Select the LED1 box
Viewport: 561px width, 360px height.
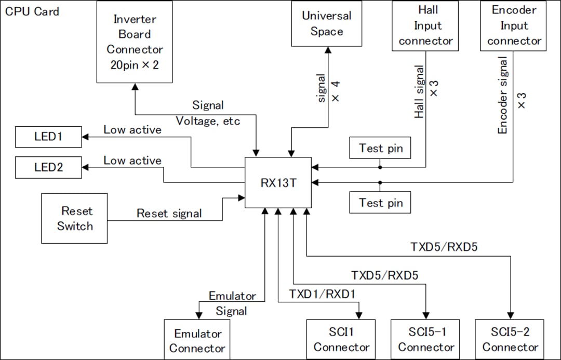(48, 137)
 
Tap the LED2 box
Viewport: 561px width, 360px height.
(48, 167)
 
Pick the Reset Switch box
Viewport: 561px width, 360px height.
(74, 218)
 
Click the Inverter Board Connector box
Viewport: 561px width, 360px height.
(135, 42)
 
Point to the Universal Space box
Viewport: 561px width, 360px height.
(326, 23)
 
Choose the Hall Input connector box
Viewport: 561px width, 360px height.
(425, 25)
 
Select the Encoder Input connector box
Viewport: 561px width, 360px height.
(513, 25)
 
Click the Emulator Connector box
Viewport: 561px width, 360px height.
(197, 340)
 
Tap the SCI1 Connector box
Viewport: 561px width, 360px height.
(340, 339)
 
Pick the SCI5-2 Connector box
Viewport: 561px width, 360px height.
(510, 339)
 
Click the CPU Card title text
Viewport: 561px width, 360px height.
(32, 11)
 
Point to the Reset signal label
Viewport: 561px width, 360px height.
(169, 213)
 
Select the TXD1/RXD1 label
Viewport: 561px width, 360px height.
(322, 294)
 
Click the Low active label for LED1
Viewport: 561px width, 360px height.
(132, 130)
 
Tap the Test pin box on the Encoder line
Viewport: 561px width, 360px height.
(380, 203)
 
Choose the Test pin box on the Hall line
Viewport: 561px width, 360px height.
(380, 148)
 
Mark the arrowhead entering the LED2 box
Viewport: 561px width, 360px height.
(85, 167)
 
